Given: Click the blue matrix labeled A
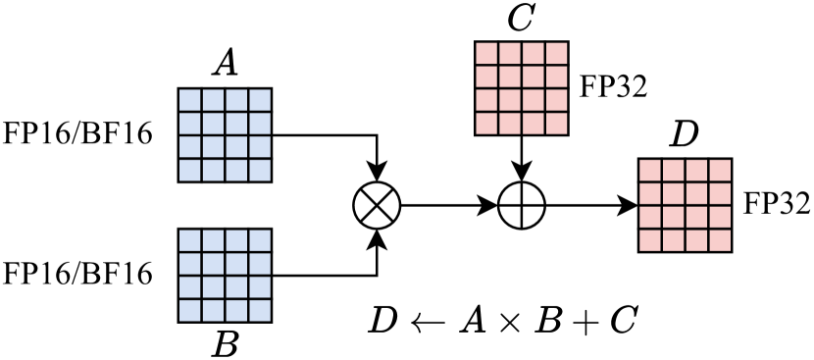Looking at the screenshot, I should click(x=225, y=134).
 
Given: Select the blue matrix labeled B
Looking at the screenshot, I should click(x=225, y=274).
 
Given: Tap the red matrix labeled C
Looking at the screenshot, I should click(x=521, y=87).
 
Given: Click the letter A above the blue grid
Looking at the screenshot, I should click(x=225, y=66).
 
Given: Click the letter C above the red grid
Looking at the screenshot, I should click(x=520, y=18).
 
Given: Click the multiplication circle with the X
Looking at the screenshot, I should click(x=377, y=205).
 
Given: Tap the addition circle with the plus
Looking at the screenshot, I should click(x=521, y=205).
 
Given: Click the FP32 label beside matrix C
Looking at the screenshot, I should click(x=613, y=86).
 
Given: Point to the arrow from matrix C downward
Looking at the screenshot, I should click(x=521, y=158).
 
